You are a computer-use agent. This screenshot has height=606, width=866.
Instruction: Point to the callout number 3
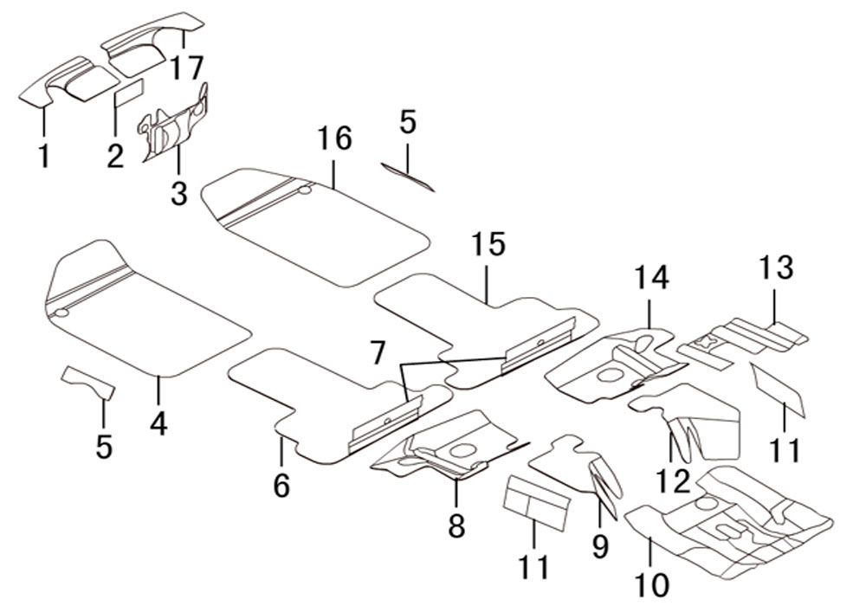(x=178, y=191)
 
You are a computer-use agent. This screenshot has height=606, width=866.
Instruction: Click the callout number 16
(x=334, y=139)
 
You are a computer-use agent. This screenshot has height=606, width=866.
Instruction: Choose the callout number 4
(x=158, y=424)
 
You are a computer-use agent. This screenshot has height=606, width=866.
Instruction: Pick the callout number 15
(x=488, y=245)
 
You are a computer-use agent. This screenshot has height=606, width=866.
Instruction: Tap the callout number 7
(x=377, y=353)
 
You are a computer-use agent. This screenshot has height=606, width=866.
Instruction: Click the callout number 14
(x=650, y=278)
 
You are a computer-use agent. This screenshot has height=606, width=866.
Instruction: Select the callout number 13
(x=777, y=268)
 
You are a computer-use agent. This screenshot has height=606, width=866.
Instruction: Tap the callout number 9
(x=600, y=545)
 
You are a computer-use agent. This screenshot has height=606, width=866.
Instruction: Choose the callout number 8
(x=456, y=524)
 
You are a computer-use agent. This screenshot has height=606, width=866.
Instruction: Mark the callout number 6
(x=281, y=486)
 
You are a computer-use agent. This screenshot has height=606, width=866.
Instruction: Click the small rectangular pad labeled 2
(x=131, y=93)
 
